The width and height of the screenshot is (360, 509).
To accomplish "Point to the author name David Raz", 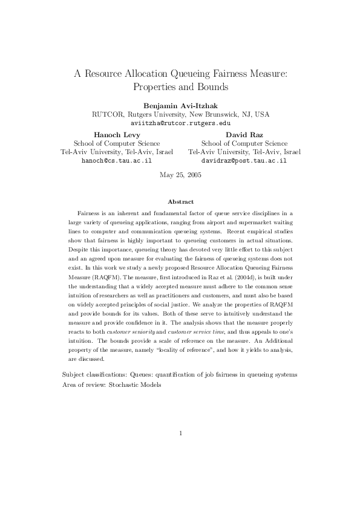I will (x=243, y=134).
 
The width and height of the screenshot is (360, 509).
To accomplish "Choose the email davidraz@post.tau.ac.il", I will (x=243, y=162).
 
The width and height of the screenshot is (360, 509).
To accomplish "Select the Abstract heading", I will (x=180, y=201).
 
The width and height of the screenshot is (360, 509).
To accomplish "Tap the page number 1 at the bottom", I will (x=181, y=433).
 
